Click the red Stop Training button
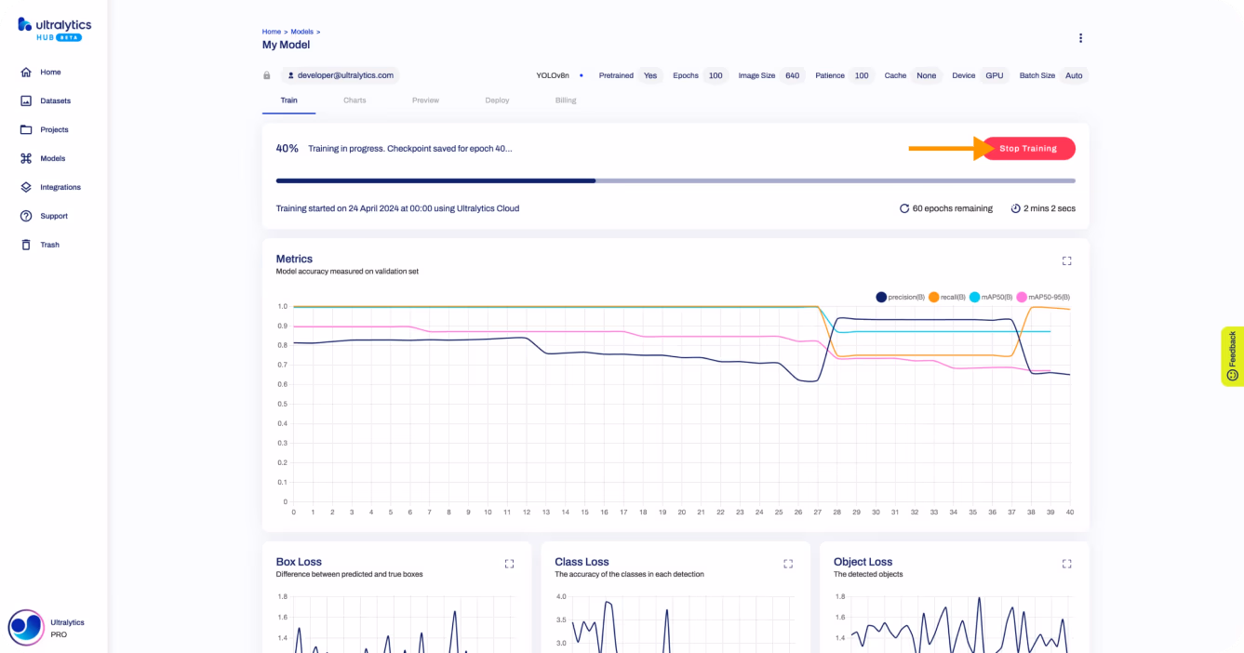1028,148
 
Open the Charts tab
354,100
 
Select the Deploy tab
497,100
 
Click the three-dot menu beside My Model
1080,38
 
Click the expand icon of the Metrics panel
1067,261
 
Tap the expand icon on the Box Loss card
509,564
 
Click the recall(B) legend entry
947,297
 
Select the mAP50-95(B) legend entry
1044,297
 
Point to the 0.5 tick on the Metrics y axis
283,404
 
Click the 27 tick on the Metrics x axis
818,512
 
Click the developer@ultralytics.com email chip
341,75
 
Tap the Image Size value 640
792,75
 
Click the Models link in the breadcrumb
302,32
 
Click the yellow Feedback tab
1232,356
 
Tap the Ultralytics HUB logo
54,30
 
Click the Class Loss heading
582,562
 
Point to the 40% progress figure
288,148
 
